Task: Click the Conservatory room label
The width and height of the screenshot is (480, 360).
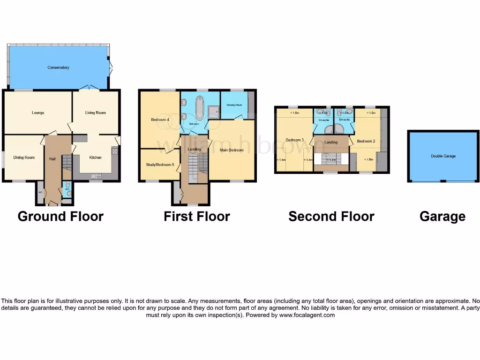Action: (x=58, y=67)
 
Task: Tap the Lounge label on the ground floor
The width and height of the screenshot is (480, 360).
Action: (x=38, y=112)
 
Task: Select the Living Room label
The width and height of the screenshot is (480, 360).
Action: (x=95, y=112)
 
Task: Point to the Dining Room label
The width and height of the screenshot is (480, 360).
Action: (x=24, y=157)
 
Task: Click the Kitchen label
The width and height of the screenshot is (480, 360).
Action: (x=96, y=157)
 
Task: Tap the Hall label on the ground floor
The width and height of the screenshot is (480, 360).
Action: (x=52, y=159)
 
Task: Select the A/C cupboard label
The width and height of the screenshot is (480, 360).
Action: (x=40, y=192)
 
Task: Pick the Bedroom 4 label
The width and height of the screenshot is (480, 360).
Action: (x=160, y=120)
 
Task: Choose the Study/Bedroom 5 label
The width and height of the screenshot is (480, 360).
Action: (x=160, y=165)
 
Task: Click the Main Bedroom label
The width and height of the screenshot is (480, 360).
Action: (x=232, y=150)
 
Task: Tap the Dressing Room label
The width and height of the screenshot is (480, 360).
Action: (x=234, y=105)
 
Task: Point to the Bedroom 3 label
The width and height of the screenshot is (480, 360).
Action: (x=295, y=140)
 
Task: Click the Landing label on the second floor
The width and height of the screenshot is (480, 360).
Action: (x=331, y=142)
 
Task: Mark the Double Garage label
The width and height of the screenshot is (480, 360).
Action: (x=443, y=156)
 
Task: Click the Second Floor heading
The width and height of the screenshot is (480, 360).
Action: (x=331, y=217)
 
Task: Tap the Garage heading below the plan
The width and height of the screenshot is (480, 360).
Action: (x=442, y=217)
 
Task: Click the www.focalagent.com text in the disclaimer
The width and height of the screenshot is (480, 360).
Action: (x=307, y=315)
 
